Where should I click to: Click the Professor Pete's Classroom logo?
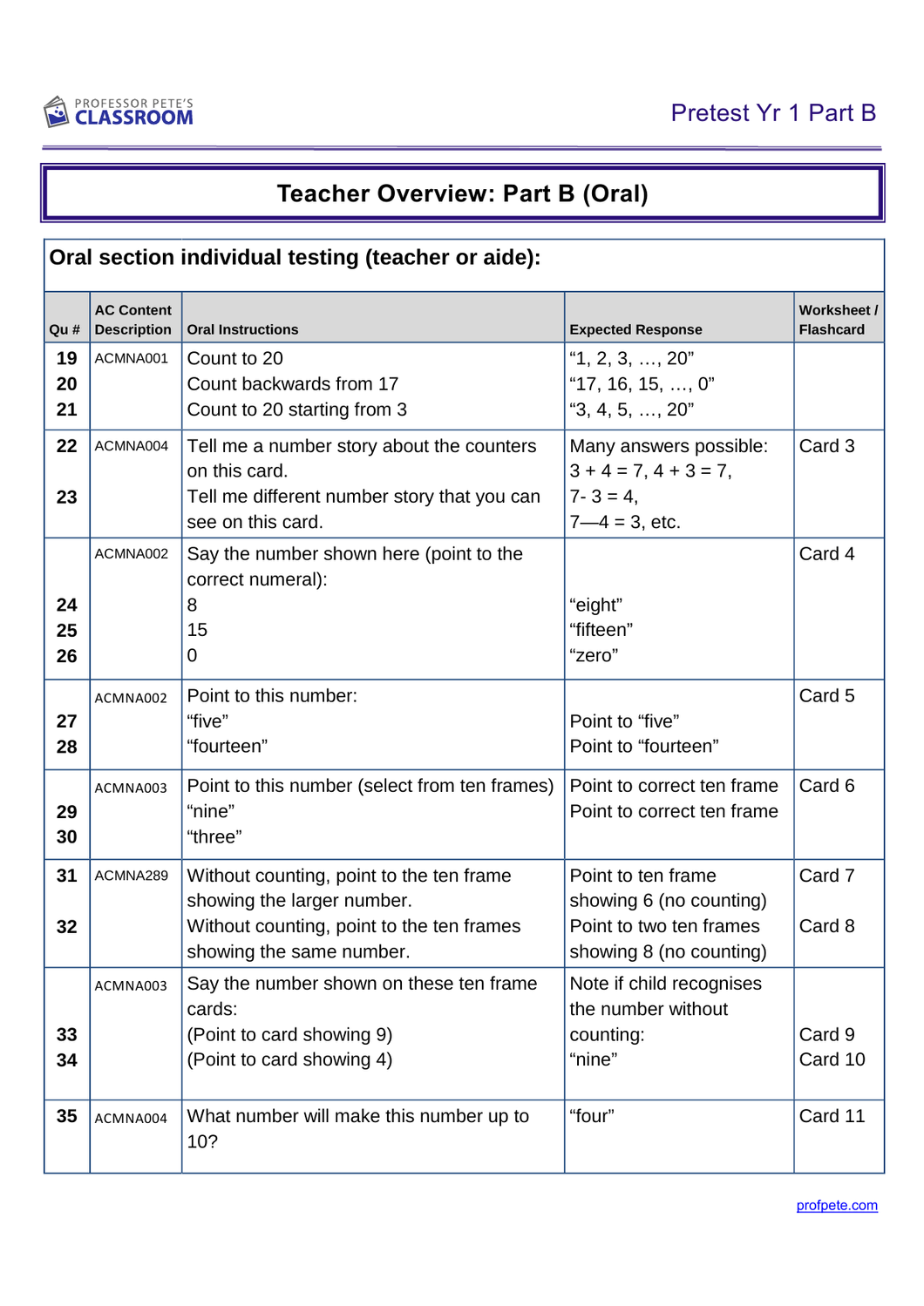pyautogui.click(x=119, y=112)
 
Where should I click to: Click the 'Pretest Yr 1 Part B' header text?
pyautogui.click(x=772, y=113)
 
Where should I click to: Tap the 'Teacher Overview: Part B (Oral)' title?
pyautogui.click(x=462, y=193)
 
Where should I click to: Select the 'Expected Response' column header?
pyautogui.click(x=635, y=329)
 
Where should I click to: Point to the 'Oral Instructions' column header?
pyautogui.click(x=242, y=329)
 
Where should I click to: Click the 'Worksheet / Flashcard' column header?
pyautogui.click(x=838, y=320)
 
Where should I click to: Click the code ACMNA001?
pyautogui.click(x=131, y=358)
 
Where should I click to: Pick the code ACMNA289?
pyautogui.click(x=131, y=876)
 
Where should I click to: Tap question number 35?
pyautogui.click(x=66, y=1116)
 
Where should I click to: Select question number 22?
pyautogui.click(x=66, y=446)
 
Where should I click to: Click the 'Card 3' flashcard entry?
pyautogui.click(x=826, y=446)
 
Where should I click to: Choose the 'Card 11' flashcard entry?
pyautogui.click(x=832, y=1116)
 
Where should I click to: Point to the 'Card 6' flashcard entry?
pyautogui.click(x=826, y=786)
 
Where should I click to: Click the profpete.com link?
pyautogui.click(x=837, y=1206)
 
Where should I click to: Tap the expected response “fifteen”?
pyautogui.click(x=601, y=630)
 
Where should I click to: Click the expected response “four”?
pyautogui.click(x=592, y=1116)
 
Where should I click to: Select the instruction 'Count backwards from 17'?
pyautogui.click(x=293, y=384)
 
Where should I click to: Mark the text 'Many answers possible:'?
pyautogui.click(x=669, y=446)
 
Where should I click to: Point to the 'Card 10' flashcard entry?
pyautogui.click(x=832, y=1059)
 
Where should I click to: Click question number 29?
pyautogui.click(x=66, y=812)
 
